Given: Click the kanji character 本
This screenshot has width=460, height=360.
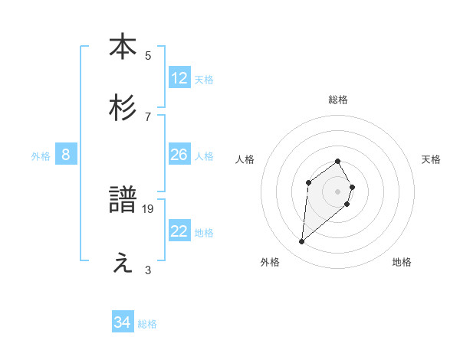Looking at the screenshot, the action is click(123, 47).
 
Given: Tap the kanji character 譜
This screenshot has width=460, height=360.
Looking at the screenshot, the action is click(123, 201).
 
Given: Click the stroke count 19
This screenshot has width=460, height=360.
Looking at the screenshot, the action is click(148, 208).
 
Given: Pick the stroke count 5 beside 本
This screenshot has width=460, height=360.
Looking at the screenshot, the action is click(148, 55).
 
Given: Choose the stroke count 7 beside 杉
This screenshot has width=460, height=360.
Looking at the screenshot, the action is click(148, 116).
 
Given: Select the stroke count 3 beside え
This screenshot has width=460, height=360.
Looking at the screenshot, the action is click(148, 270).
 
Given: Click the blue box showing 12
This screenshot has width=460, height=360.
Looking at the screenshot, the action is click(179, 78).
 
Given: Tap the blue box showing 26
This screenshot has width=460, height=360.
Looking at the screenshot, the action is click(179, 155).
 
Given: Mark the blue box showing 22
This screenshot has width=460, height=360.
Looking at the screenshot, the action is click(179, 231).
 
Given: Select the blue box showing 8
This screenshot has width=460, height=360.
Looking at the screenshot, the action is click(66, 155).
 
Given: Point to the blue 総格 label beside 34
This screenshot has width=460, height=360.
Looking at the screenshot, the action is click(147, 324).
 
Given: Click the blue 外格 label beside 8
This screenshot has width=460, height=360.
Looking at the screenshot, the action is click(41, 156).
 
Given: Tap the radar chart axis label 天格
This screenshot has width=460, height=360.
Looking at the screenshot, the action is click(431, 159).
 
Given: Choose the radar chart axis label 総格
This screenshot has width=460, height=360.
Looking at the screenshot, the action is click(338, 100).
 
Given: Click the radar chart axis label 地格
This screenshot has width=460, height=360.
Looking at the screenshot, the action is click(402, 262).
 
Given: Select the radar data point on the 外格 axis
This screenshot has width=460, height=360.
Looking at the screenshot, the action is click(302, 242).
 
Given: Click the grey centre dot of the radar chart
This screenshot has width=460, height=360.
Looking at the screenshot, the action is click(338, 191).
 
